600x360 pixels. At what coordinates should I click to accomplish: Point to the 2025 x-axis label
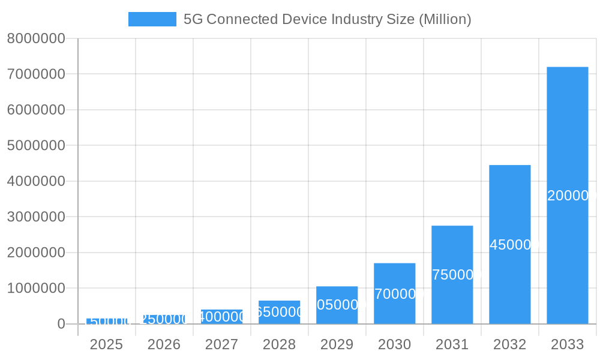click(x=106, y=344)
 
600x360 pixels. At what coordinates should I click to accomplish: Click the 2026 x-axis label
click(x=164, y=344)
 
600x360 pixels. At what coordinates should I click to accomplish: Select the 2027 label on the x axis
click(x=221, y=344)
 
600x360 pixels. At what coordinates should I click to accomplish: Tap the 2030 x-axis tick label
click(x=394, y=344)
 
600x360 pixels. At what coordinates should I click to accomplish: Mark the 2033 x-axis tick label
click(x=567, y=344)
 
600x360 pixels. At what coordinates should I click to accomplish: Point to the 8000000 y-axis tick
click(x=35, y=38)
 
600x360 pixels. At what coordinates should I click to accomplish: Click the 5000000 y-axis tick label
click(x=35, y=146)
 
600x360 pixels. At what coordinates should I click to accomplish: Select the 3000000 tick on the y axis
click(x=35, y=217)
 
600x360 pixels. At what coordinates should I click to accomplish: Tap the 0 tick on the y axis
click(x=61, y=324)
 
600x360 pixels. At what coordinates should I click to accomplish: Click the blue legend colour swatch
click(x=152, y=19)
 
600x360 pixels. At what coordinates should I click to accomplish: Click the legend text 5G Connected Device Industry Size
click(x=327, y=19)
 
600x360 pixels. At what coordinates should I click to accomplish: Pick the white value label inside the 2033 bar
click(x=570, y=196)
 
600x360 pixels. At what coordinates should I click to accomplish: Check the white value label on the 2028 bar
click(x=280, y=312)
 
